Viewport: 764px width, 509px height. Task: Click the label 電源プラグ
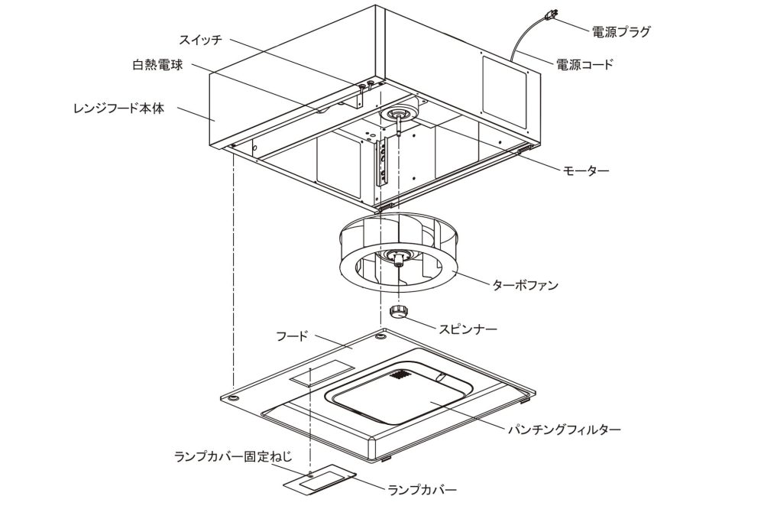pos(621,32)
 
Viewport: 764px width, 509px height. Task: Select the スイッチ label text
pos(203,39)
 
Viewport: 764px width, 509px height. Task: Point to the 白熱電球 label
pos(157,65)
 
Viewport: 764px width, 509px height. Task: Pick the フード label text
pos(292,336)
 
